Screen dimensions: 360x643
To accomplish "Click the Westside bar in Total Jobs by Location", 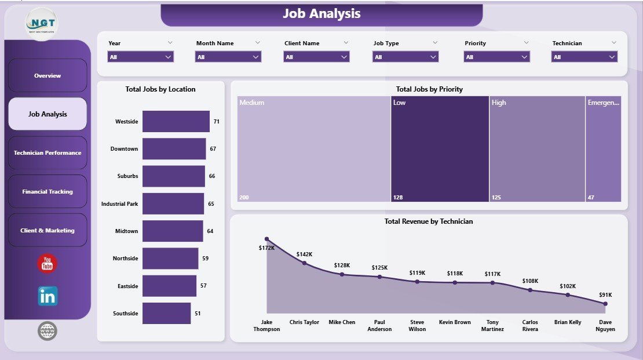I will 176,122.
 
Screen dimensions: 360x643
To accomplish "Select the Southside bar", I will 166,313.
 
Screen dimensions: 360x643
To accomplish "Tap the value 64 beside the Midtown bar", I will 210,231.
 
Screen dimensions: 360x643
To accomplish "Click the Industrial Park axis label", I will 119,204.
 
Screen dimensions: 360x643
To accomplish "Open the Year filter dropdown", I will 140,57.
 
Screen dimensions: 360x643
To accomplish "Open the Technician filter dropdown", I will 584,57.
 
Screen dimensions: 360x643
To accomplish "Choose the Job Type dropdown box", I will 405,57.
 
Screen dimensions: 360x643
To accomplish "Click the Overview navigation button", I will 48,75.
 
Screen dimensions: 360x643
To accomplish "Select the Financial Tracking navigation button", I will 48,191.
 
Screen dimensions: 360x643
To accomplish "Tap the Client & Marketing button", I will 48,230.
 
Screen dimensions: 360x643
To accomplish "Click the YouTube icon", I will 48,264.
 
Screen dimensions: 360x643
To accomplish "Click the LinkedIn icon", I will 48,296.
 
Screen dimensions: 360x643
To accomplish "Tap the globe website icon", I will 48,331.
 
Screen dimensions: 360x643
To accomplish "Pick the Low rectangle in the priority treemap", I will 440,149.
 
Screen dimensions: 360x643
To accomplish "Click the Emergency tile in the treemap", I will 603,149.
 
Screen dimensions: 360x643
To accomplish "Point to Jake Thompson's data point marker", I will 267,239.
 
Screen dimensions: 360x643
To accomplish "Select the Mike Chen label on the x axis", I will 342,322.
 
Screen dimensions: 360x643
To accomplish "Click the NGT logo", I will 42,24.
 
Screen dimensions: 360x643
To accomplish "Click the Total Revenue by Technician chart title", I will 429,221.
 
